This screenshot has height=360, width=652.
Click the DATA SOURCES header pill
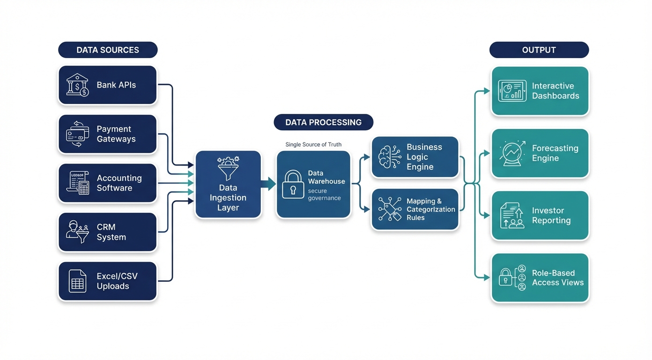pyautogui.click(x=108, y=50)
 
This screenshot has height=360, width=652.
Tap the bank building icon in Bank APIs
pyautogui.click(x=77, y=85)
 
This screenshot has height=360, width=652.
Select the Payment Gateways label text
pyautogui.click(x=116, y=134)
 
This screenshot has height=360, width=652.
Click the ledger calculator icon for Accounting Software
pyautogui.click(x=78, y=183)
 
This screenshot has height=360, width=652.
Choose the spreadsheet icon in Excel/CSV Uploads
pyautogui.click(x=77, y=281)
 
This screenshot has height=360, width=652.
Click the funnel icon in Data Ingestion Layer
pyautogui.click(x=228, y=169)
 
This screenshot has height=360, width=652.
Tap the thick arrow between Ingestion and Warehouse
pyautogui.click(x=268, y=184)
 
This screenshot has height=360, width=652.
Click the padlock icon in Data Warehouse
pyautogui.click(x=293, y=184)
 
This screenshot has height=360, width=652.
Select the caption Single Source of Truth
pyautogui.click(x=313, y=144)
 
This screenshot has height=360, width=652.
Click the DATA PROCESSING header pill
pyautogui.click(x=323, y=122)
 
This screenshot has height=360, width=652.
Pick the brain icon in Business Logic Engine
pyautogui.click(x=390, y=157)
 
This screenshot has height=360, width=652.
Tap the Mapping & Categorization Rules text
pyautogui.click(x=430, y=210)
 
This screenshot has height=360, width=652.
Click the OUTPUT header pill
pyautogui.click(x=539, y=50)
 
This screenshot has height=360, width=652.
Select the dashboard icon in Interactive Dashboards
pyautogui.click(x=512, y=91)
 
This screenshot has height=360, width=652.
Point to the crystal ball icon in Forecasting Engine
pyautogui.click(x=512, y=153)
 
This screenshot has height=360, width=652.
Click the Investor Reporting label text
pyautogui.click(x=551, y=216)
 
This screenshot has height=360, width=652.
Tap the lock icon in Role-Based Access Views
pyautogui.click(x=505, y=277)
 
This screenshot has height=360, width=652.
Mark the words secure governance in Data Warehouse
pyautogui.click(x=324, y=195)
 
